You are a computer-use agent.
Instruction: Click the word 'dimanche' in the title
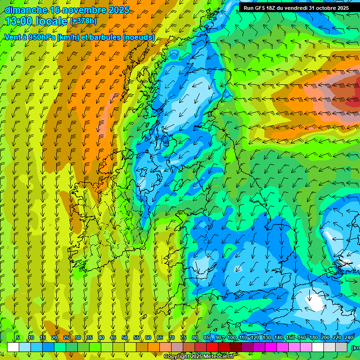pyautogui.click(x=25, y=10)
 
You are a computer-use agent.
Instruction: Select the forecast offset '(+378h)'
pyautogui.click(x=83, y=21)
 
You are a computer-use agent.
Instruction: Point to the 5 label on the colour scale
pyautogui.click(x=17, y=338)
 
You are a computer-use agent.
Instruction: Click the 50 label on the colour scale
pyautogui.click(x=125, y=338)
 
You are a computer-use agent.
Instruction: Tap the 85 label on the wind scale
pyautogui.click(x=207, y=338)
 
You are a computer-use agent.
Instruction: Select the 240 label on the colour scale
pyautogui.click(x=348, y=338)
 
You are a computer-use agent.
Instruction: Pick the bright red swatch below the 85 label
pyautogui.click(x=212, y=347)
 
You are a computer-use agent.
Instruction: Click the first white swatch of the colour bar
pyautogui.click(x=13, y=347)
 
